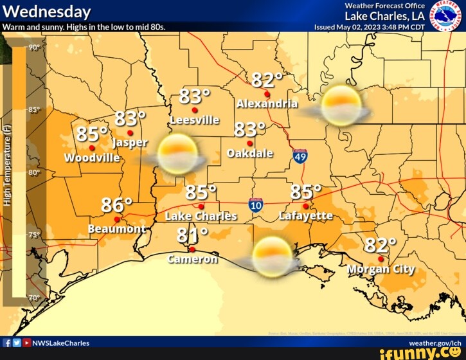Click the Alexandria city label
(267, 104)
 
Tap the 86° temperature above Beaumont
(117, 205)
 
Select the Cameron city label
(192, 259)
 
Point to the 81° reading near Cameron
(192, 235)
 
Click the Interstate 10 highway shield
(256, 205)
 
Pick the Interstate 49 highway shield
(300, 156)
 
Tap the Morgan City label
(381, 269)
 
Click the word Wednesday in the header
(46, 12)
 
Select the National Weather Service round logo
(445, 15)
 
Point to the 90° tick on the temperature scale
(34, 48)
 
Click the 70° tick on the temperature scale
(34, 297)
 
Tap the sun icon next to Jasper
(177, 154)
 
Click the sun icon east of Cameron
(273, 256)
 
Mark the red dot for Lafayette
(306, 206)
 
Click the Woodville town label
(92, 157)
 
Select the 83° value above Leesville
(194, 96)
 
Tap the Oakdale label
(250, 153)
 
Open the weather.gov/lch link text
(435, 343)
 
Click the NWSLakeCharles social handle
(60, 343)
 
